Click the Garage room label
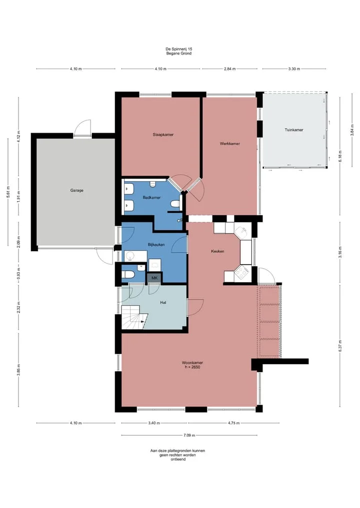tap(77, 190)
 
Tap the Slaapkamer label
tap(163, 134)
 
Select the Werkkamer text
tap(229, 143)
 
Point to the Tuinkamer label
tap(294, 130)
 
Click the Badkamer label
tap(152, 197)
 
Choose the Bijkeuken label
tap(156, 245)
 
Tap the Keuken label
tap(217, 251)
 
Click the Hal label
tap(163, 303)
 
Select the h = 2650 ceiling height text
tap(190, 367)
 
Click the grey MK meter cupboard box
tap(154, 278)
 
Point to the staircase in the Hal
tap(134, 318)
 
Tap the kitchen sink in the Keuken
tap(242, 231)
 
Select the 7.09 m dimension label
tap(189, 435)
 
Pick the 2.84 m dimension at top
tap(229, 69)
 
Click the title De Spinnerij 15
tap(178, 49)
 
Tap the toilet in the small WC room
tap(129, 275)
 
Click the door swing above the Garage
tap(82, 127)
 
